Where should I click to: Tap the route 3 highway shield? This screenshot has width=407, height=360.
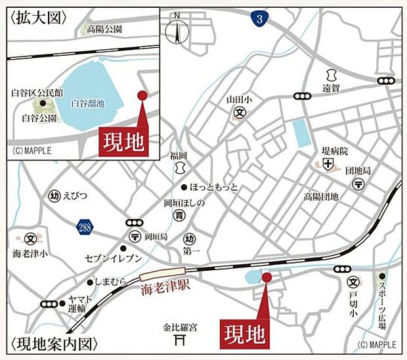point(261,20)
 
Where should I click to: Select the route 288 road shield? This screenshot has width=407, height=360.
point(84,227)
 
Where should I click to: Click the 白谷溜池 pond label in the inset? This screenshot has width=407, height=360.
point(88,104)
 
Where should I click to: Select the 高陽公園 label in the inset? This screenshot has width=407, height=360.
point(104,30)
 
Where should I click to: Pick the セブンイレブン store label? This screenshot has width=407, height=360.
point(113,258)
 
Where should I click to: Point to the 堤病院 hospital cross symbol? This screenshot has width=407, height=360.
point(327,161)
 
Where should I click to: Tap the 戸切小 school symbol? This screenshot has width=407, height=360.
point(353,283)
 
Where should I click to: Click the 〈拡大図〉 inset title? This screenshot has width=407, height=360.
point(37,18)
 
